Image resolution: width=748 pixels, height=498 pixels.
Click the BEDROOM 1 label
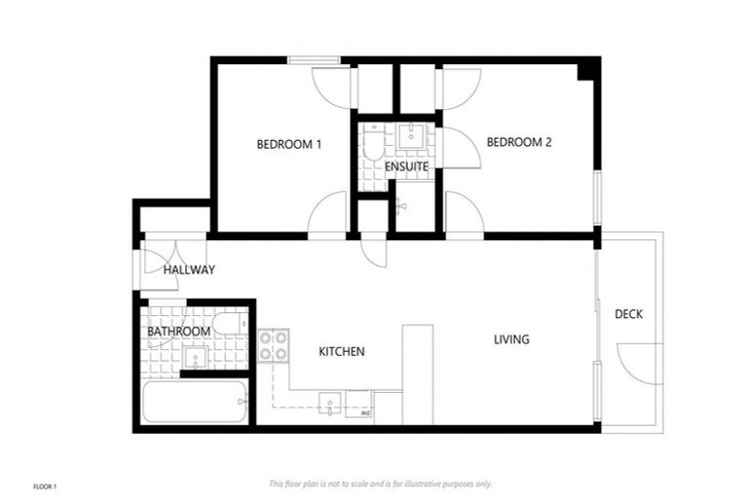(x=289, y=144)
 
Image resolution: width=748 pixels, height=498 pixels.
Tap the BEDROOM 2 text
(x=519, y=142)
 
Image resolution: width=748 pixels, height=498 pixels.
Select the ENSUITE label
(x=406, y=167)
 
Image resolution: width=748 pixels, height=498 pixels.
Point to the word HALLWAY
(x=189, y=269)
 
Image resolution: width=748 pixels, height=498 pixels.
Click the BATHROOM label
(x=178, y=332)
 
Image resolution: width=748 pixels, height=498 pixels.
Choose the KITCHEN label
(x=341, y=351)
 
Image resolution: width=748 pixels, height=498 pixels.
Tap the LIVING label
(x=511, y=339)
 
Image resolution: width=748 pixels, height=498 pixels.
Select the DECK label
(x=628, y=314)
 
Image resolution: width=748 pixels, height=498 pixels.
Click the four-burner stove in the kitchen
(x=273, y=345)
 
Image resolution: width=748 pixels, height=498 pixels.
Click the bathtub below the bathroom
(x=194, y=402)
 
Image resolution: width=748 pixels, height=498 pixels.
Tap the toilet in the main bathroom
(x=230, y=323)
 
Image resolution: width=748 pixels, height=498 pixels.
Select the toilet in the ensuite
(x=373, y=148)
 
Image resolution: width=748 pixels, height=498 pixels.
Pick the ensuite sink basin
(x=412, y=134)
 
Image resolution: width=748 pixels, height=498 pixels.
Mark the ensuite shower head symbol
(x=400, y=205)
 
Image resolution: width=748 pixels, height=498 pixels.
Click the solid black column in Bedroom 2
(x=587, y=69)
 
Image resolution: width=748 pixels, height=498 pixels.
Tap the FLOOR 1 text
(x=46, y=484)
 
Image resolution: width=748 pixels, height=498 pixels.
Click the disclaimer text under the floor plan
(x=380, y=483)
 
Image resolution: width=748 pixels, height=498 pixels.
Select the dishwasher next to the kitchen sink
(x=359, y=407)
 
